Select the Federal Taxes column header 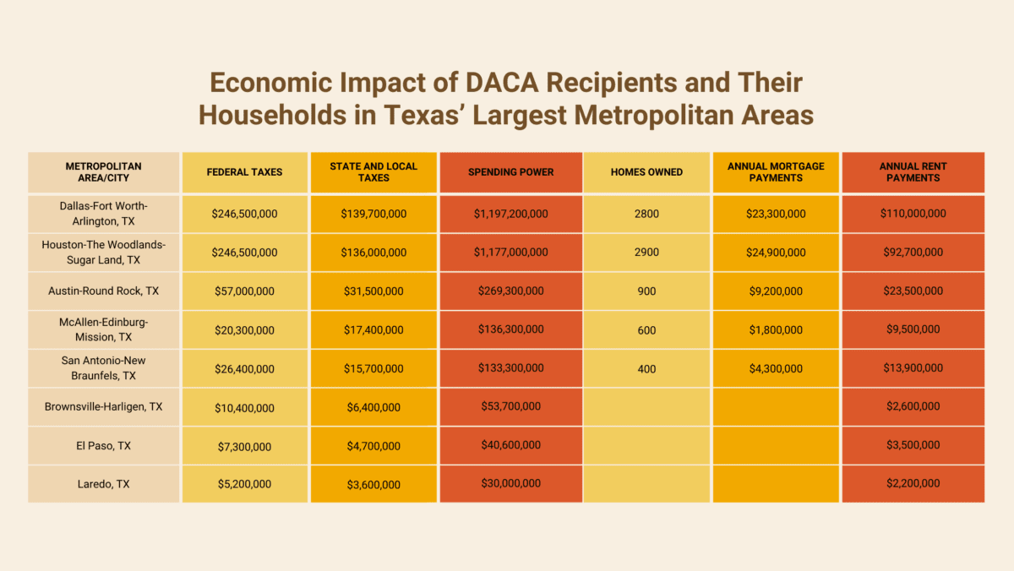[x=245, y=172]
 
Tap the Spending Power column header [x=510, y=172]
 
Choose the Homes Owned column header [x=646, y=172]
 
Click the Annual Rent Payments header [x=913, y=172]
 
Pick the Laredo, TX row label [x=103, y=484]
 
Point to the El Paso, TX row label [x=103, y=445]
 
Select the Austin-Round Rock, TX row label [x=103, y=291]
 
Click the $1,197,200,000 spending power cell [x=510, y=214]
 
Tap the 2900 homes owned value [x=646, y=253]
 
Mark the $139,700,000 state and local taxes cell [x=373, y=214]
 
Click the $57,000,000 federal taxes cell [x=245, y=291]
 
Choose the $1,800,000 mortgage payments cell [x=776, y=330]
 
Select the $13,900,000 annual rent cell [x=913, y=368]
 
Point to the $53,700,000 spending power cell [x=510, y=406]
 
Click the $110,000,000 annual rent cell [x=913, y=214]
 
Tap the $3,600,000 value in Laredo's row [x=373, y=484]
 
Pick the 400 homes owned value [x=646, y=368]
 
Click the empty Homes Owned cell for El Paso [x=646, y=445]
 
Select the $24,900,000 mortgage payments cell [x=776, y=253]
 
